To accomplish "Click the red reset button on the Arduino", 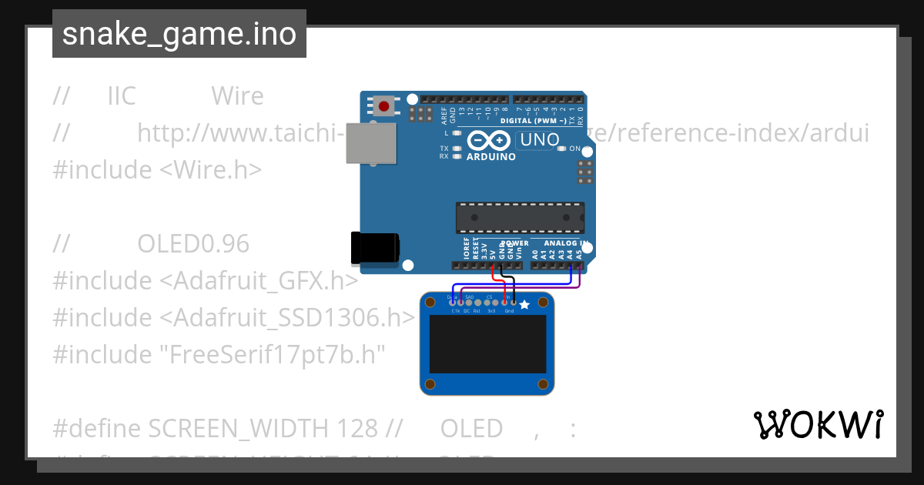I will point(383,105).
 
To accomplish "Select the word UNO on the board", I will point(538,140).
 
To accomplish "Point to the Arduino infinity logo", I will point(489,141).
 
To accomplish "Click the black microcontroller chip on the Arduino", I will point(519,217).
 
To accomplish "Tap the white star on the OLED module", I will point(525,305).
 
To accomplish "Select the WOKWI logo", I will point(819,425).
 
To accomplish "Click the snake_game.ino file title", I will point(179,34).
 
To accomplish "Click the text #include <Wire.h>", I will point(157,169).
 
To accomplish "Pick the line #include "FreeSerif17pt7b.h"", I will point(218,354).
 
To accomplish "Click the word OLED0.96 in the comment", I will point(193,244).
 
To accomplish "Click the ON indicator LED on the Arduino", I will point(562,149).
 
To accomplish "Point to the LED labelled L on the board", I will point(457,133).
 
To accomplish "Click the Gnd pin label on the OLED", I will point(509,311).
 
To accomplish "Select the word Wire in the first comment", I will point(237,96).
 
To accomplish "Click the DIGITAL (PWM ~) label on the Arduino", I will point(533,121).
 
